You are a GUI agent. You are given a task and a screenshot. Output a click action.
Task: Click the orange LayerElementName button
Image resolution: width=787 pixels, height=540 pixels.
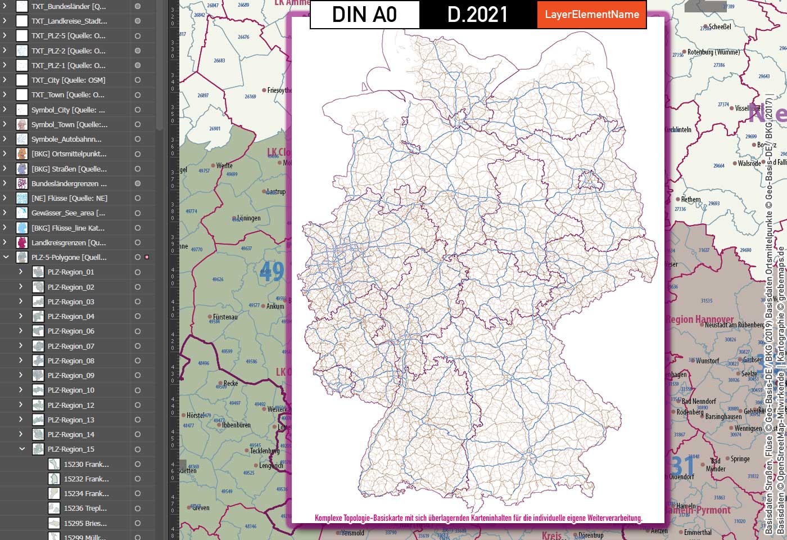592,15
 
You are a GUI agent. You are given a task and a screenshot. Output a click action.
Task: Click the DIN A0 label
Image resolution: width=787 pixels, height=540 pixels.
364,15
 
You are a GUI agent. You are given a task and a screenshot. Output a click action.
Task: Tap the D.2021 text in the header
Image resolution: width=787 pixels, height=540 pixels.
477,15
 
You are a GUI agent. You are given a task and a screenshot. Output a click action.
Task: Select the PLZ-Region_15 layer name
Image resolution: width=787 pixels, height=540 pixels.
71,449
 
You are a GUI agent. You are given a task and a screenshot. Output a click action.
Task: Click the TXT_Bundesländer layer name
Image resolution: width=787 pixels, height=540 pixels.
69,7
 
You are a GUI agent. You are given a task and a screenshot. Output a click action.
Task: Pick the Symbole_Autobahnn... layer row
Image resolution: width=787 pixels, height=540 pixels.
66,139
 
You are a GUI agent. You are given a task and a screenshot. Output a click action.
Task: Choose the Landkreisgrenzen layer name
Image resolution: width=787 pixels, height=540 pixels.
69,242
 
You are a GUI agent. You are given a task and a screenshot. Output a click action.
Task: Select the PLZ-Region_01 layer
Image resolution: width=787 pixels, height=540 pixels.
71,272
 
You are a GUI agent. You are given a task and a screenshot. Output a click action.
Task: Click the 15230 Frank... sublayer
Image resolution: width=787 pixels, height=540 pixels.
86,464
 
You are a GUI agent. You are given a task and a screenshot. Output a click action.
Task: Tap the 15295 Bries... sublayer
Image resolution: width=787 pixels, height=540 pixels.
85,523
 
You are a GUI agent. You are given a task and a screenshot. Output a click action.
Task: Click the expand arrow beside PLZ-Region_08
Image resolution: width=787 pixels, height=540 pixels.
21,361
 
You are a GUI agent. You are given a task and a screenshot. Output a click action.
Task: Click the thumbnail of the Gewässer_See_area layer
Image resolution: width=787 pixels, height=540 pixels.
22,213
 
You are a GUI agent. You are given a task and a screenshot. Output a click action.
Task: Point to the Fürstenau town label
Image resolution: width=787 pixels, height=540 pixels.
225,317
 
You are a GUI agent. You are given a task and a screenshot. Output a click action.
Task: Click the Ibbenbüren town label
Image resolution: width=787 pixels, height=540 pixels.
236,425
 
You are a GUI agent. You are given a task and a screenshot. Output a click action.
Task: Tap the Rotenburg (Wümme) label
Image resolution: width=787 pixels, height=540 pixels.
713,52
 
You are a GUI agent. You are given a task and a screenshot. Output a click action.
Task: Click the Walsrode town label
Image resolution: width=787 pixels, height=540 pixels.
749,163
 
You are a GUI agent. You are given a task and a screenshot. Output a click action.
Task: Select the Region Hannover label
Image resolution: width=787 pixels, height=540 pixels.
699,319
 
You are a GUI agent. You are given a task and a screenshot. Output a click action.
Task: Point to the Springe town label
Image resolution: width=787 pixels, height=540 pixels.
740,458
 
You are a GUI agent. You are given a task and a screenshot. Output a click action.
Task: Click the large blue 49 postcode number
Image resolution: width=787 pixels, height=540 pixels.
272,272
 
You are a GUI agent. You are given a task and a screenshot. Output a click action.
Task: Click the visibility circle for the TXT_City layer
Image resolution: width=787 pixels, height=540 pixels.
138,80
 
